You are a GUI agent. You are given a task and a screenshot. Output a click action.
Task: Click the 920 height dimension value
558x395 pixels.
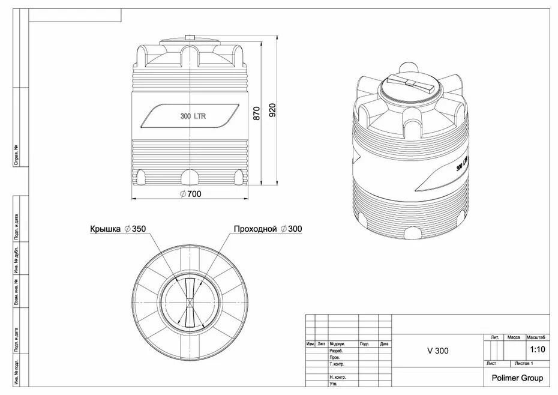pyautogui.click(x=272, y=110)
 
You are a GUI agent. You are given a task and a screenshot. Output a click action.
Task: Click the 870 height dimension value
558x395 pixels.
pyautogui.click(x=257, y=113)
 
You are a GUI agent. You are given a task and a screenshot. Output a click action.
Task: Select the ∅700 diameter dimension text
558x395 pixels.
pyautogui.click(x=190, y=193)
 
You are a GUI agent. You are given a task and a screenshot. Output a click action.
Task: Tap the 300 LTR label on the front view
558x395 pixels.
pyautogui.click(x=193, y=116)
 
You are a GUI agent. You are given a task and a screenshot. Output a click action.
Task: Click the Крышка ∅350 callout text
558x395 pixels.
pyautogui.click(x=118, y=229)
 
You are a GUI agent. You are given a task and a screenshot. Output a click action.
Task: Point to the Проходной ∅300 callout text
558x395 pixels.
pyautogui.click(x=268, y=229)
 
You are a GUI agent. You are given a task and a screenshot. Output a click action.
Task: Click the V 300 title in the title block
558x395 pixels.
pyautogui.click(x=437, y=351)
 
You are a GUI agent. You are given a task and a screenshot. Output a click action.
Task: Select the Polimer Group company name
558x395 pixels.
pyautogui.click(x=517, y=378)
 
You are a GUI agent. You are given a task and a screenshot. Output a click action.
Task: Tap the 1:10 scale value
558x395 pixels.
pyautogui.click(x=538, y=349)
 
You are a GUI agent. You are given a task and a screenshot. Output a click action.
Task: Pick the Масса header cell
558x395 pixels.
pyautogui.click(x=514, y=337)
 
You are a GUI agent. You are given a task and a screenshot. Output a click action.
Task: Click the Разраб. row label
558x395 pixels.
pyautogui.click(x=336, y=351)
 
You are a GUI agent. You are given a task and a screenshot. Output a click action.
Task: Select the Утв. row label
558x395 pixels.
pyautogui.click(x=333, y=384)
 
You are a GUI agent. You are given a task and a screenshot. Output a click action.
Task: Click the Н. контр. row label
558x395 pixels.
pyautogui.click(x=338, y=377)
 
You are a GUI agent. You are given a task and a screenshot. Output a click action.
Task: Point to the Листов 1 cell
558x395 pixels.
pyautogui.click(x=524, y=364)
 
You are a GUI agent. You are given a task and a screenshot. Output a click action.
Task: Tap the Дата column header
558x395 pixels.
pyautogui.click(x=384, y=344)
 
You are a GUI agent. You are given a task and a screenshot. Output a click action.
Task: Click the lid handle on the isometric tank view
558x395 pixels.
pyautogui.click(x=410, y=85)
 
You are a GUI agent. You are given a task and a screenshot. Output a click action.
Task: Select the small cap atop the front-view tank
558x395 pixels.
pyautogui.click(x=190, y=38)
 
